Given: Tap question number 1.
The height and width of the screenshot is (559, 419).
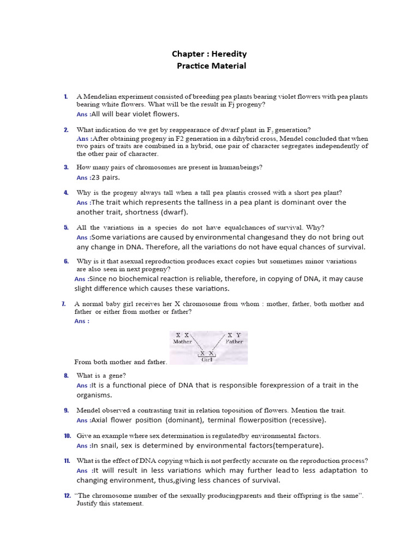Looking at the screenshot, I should (x=65, y=97).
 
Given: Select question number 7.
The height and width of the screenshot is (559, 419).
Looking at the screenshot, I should (x=64, y=304).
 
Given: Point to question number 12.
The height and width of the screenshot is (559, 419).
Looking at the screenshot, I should (x=67, y=496).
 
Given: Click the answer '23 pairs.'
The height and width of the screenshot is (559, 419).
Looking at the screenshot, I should (x=105, y=177).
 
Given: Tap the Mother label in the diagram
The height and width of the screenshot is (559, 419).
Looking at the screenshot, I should (x=182, y=342).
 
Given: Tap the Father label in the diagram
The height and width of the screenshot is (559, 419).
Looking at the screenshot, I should (x=234, y=342).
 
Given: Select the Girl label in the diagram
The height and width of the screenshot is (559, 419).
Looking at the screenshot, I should (x=207, y=360).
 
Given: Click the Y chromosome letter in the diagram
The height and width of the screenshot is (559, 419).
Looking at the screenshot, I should (x=238, y=335).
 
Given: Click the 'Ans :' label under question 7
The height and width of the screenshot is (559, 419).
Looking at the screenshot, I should (x=82, y=321).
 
